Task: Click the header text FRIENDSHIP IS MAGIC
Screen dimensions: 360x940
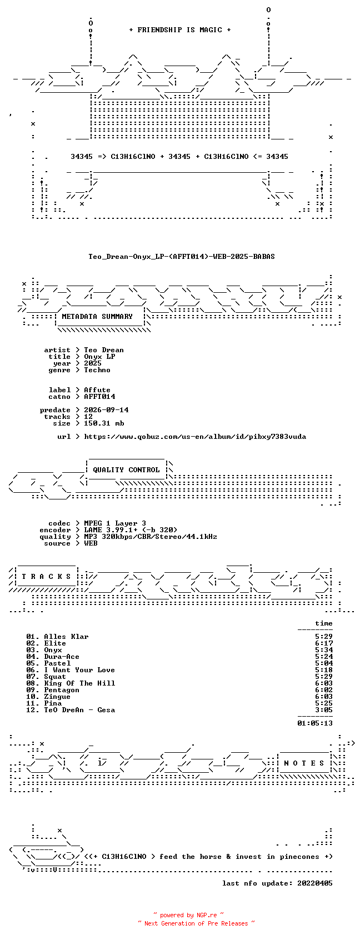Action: [x=179, y=30]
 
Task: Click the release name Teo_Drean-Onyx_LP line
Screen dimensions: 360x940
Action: [x=181, y=257]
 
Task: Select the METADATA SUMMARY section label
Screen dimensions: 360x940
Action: [x=97, y=317]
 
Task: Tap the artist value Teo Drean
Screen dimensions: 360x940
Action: [x=104, y=350]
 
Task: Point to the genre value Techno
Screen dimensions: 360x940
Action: [x=97, y=370]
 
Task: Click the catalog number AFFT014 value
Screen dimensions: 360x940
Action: [x=99, y=397]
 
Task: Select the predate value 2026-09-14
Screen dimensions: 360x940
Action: [x=106, y=410]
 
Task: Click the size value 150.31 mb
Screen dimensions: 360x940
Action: [x=104, y=423]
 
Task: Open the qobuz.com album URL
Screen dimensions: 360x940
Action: [x=195, y=437]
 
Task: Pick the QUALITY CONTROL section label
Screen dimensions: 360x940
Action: [x=126, y=470]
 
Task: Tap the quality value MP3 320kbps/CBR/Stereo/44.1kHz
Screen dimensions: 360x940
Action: [x=150, y=537]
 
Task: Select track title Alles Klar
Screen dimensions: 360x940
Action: [x=66, y=637]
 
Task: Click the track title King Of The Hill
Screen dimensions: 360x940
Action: [x=79, y=683]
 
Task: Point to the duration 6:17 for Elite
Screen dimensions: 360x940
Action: [x=324, y=643]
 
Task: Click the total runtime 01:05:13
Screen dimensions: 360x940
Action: [x=315, y=723]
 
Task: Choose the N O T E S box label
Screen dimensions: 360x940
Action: [x=304, y=763]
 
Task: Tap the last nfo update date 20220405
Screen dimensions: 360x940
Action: [x=315, y=883]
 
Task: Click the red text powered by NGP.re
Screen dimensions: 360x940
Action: [x=188, y=915]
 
